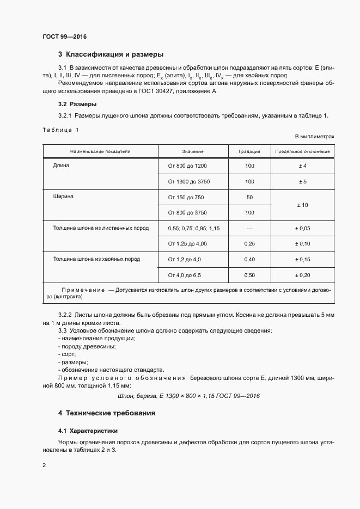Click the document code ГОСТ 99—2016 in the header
click(x=64, y=37)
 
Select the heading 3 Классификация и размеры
click(x=111, y=54)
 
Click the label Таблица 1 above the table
click(x=60, y=130)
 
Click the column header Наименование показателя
click(x=100, y=151)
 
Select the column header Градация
click(x=249, y=151)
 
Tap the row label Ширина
click(x=63, y=195)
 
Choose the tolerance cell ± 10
click(x=302, y=205)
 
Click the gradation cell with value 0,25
click(x=249, y=243)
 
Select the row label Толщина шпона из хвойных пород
click(x=96, y=259)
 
